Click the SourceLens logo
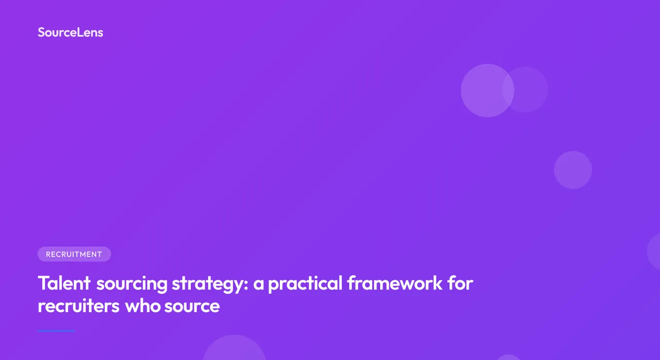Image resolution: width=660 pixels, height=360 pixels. click(70, 32)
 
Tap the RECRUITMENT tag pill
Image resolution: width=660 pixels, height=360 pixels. click(74, 254)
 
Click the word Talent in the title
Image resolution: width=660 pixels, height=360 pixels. click(64, 283)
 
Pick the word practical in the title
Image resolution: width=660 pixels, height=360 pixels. click(305, 283)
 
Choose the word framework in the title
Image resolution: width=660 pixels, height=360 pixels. click(395, 283)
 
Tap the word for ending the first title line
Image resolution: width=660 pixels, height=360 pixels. click(460, 283)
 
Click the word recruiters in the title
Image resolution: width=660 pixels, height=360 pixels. click(78, 306)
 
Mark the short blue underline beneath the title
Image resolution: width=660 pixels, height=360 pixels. click(57, 331)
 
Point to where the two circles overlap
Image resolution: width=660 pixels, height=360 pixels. click(508, 90)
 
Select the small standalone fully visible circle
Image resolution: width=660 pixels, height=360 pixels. click(573, 170)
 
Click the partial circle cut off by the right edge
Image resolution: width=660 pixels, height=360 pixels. click(654, 251)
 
